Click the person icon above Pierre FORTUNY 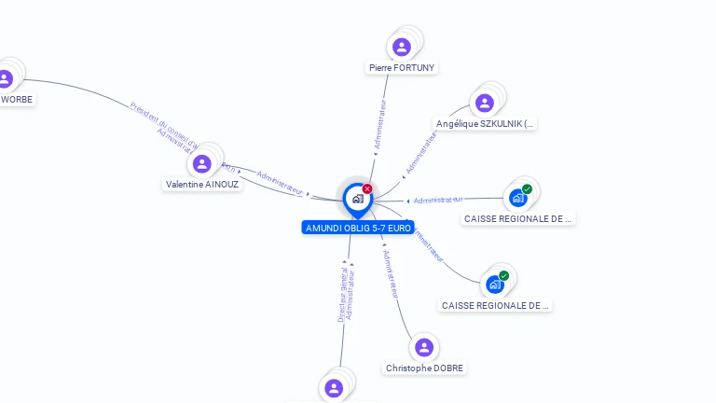[402, 47]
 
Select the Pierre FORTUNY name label [402, 68]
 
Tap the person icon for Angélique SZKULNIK [484, 103]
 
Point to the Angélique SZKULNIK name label [486, 123]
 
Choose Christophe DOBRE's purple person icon [424, 347]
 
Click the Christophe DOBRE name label [424, 368]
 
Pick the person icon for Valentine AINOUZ [201, 164]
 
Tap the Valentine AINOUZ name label [202, 185]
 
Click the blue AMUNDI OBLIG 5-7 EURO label [358, 228]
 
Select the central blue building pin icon [357, 199]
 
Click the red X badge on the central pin [367, 189]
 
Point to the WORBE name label [16, 99]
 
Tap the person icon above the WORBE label [5, 78]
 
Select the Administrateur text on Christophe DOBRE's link [392, 273]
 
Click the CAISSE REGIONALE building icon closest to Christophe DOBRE [495, 284]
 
